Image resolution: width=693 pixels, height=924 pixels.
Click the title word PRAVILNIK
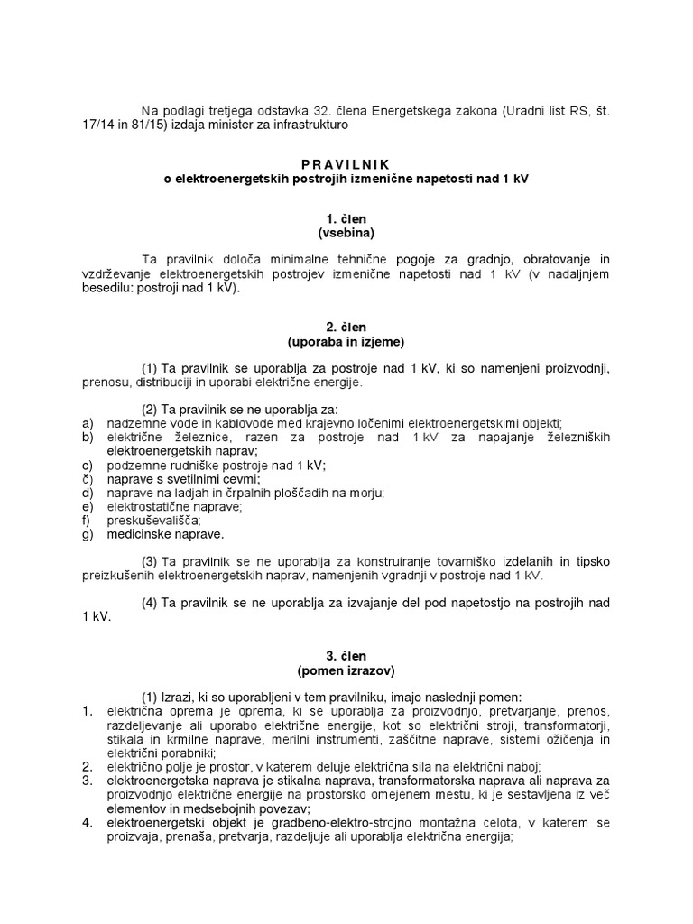[346, 165]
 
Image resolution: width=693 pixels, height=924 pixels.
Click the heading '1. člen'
[346, 219]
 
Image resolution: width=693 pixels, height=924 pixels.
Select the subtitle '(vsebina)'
[346, 233]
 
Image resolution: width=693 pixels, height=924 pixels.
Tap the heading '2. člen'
[346, 328]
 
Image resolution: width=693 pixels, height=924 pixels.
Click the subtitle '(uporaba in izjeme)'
[346, 342]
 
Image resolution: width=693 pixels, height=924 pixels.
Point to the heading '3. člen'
[346, 657]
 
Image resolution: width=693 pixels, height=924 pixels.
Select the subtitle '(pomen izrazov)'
[346, 670]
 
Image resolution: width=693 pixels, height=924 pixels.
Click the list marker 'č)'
[88, 479]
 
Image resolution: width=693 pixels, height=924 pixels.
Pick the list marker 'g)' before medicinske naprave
[88, 534]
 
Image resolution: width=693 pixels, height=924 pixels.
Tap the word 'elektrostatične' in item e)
[149, 507]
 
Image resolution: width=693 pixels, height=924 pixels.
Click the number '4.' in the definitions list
[88, 823]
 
